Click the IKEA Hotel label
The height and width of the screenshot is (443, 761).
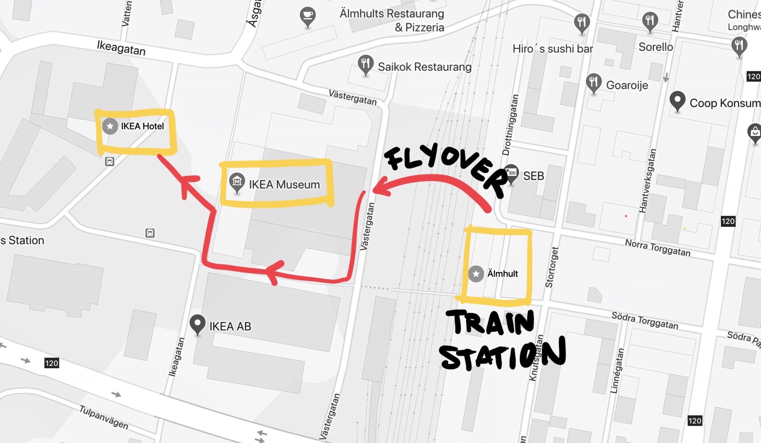[142, 126]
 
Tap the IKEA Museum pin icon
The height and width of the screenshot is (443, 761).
[237, 183]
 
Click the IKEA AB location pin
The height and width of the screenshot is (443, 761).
[197, 324]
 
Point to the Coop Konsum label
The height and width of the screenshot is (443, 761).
[724, 103]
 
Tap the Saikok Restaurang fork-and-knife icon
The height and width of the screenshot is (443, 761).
[365, 65]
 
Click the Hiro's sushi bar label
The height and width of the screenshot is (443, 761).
[552, 49]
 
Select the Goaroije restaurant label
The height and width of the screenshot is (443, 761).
[627, 85]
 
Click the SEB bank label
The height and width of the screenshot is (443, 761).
[533, 176]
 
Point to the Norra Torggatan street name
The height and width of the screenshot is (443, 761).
[657, 248]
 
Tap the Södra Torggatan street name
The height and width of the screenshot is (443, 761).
[645, 320]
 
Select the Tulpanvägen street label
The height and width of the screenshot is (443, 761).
[104, 417]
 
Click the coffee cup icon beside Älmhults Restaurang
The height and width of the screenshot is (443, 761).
[307, 16]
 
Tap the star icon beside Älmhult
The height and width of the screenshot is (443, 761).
[476, 273]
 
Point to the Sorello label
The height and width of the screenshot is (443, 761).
[655, 47]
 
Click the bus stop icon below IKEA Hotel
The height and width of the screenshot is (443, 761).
[110, 161]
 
